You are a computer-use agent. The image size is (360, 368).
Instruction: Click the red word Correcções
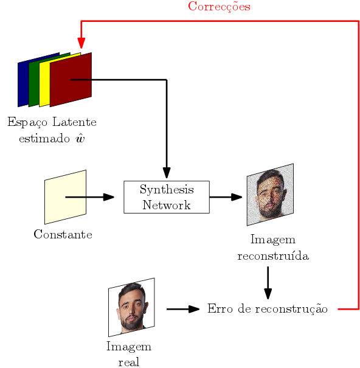[x=219, y=7]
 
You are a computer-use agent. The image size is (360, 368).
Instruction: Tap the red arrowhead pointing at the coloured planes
[x=81, y=43]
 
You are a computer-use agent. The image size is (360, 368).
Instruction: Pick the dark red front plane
[x=71, y=80]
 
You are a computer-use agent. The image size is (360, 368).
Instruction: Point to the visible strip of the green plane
[x=34, y=83]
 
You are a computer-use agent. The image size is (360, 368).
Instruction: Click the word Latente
[x=74, y=122]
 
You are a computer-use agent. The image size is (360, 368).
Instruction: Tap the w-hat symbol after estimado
[x=80, y=138]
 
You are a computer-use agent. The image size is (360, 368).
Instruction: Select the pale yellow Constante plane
[x=65, y=197]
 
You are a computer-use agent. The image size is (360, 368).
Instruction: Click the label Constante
[x=63, y=234]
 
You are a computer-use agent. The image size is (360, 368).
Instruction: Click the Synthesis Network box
[x=167, y=197]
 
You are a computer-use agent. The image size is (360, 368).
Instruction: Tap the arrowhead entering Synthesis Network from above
[x=167, y=173]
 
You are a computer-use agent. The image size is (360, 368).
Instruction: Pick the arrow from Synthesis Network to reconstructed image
[x=226, y=197]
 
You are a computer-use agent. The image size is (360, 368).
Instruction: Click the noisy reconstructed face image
[x=270, y=195]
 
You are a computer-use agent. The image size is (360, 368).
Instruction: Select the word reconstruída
[x=273, y=255]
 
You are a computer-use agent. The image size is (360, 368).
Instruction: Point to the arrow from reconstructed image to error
[x=268, y=283]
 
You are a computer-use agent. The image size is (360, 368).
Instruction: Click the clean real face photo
[x=131, y=307]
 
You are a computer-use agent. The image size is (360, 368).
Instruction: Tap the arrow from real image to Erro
[x=183, y=309]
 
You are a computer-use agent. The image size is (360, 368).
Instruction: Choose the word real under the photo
[x=129, y=362]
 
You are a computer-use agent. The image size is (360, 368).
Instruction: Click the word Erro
[x=220, y=308]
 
